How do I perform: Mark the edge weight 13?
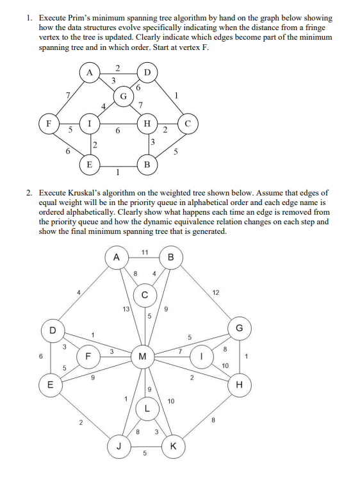click(125, 310)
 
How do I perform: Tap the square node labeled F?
click(45, 122)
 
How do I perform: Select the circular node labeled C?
click(145, 295)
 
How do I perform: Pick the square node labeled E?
click(88, 164)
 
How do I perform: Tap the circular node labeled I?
click(202, 354)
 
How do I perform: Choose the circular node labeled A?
click(116, 257)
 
